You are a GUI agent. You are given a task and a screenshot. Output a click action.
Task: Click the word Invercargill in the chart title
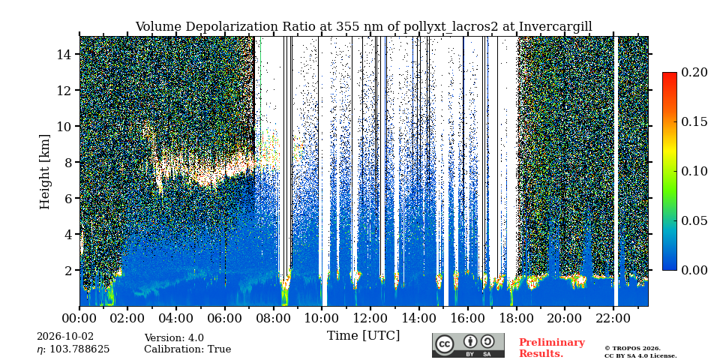pos(555,27)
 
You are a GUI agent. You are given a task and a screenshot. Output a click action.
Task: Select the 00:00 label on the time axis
pos(80,317)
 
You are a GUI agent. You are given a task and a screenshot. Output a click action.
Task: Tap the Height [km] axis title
pos(44,172)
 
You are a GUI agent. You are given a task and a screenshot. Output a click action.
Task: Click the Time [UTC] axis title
pos(363,336)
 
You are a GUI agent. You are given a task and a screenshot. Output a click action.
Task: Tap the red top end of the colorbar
pos(670,73)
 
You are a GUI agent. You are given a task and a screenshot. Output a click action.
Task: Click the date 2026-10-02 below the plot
pos(65,337)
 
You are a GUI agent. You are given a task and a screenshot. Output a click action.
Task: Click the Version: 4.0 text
pos(174,338)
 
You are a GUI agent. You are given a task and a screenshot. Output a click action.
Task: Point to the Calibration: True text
pos(187,349)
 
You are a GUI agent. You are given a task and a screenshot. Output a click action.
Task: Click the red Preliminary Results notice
pos(552,348)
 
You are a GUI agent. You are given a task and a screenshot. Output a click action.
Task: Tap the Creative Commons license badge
pos(468,345)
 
